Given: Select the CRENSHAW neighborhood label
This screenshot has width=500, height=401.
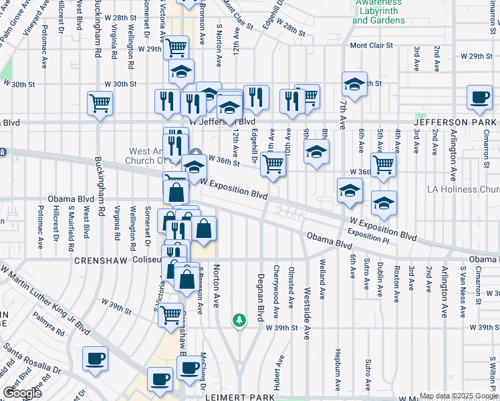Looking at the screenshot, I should tap(101, 259).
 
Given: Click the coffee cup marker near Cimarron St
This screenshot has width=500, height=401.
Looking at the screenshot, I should tap(479, 98).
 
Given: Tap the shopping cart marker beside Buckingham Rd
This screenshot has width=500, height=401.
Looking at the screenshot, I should tap(100, 104).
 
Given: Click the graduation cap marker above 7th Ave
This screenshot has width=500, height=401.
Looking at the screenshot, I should tap(354, 84).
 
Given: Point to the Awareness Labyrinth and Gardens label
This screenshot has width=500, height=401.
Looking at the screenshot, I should tap(378, 11).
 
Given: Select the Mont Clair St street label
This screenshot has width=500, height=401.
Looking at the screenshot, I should tap(368, 45).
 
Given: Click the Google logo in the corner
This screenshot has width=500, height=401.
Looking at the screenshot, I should tap(22, 393).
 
